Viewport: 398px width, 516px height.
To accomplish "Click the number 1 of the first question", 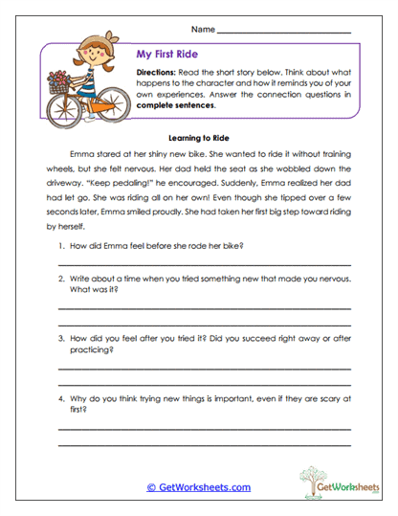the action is point(59,246).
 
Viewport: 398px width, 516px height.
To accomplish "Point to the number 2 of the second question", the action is point(59,278).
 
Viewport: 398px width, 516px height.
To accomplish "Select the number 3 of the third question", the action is point(59,338).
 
